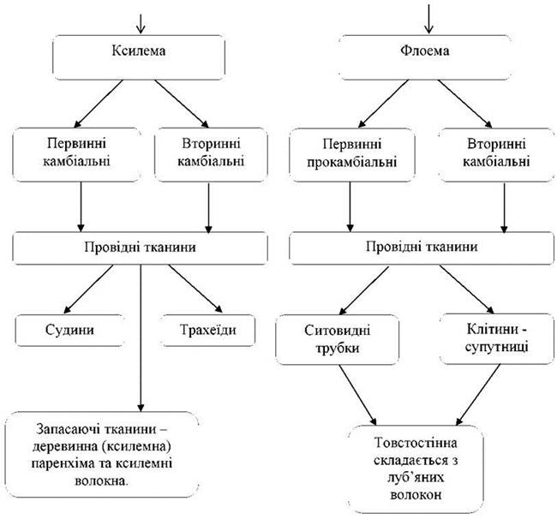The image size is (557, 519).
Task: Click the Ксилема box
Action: click(139, 57)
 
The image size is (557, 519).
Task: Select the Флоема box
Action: click(425, 57)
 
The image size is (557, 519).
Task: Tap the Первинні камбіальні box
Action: click(77, 155)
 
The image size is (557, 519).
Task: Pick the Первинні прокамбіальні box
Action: click(351, 155)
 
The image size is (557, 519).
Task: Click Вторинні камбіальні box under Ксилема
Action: click(211, 155)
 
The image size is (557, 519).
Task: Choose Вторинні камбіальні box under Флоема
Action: click(496, 155)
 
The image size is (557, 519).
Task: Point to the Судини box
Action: click(70, 330)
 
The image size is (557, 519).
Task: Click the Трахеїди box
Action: click(208, 330)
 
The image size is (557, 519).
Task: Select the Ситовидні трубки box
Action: click(337, 339)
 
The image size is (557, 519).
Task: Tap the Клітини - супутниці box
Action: click(497, 338)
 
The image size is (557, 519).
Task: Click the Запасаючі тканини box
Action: click(102, 455)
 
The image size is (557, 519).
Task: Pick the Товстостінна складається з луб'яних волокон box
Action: click(416, 469)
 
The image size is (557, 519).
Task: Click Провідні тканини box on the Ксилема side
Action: click(140, 248)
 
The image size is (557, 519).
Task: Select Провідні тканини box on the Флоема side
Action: click(422, 248)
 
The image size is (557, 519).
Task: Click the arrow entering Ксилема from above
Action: click(141, 23)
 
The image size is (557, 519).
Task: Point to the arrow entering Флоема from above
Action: click(428, 19)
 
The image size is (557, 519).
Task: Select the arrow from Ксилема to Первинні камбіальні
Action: click(98, 104)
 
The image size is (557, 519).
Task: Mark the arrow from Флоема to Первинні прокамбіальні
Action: click(383, 104)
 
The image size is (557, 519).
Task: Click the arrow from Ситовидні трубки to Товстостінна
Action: click(357, 395)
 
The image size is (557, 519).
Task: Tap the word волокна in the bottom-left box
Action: click(102, 481)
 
